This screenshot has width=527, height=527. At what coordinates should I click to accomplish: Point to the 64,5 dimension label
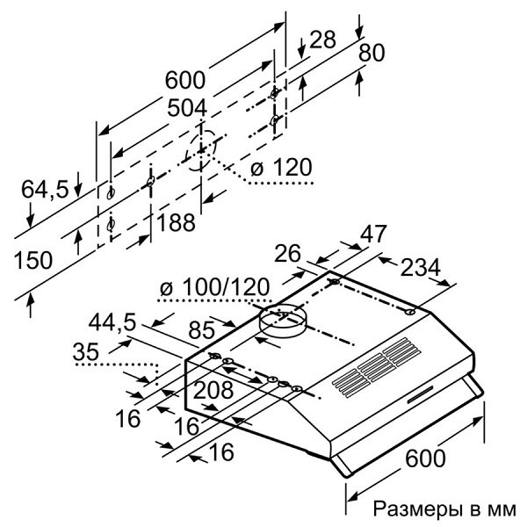(x=45, y=188)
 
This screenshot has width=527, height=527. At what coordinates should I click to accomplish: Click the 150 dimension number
(x=33, y=259)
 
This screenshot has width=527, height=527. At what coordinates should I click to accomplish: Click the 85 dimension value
(x=202, y=333)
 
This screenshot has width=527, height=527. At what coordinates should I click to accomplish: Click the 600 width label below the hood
(x=425, y=458)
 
